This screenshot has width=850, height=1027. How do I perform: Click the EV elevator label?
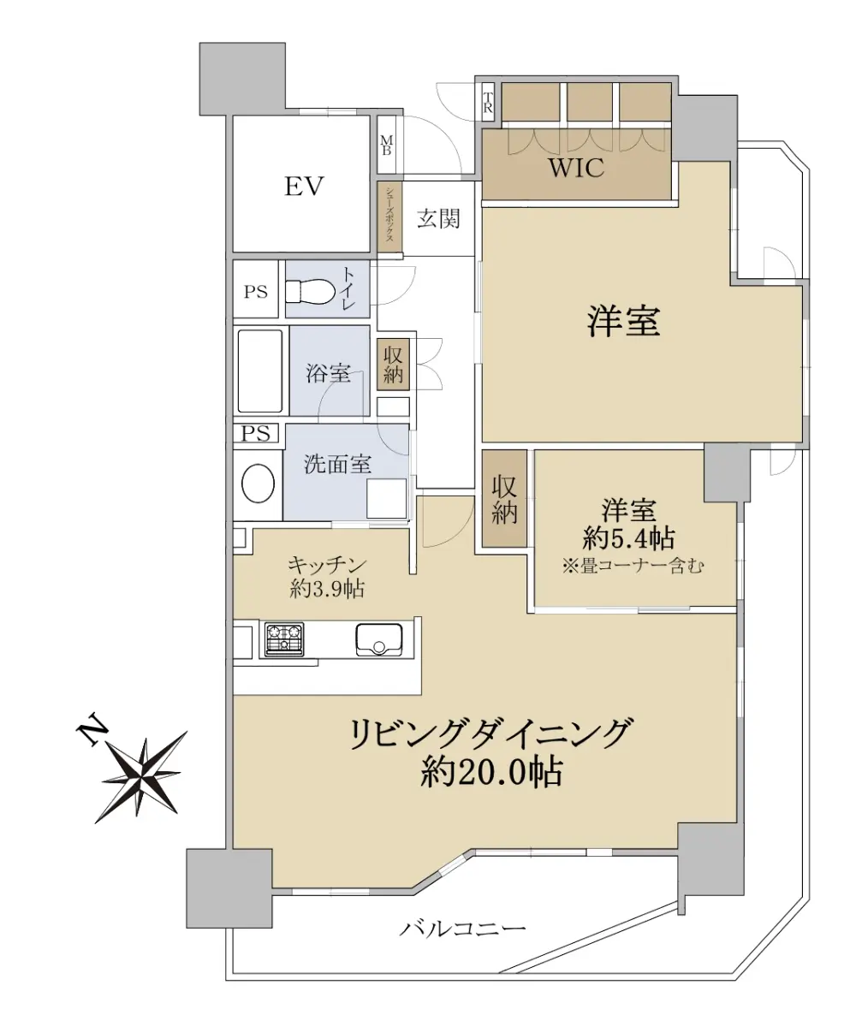point(304,187)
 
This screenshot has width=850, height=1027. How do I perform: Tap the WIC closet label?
point(576,168)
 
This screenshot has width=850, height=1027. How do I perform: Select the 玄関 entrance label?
point(438,218)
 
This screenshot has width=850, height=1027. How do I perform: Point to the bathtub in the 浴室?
point(260,371)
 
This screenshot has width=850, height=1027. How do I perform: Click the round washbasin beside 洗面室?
point(258,484)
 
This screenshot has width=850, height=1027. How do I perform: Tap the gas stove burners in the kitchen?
point(284,639)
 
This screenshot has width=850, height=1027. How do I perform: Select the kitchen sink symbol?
point(378,639)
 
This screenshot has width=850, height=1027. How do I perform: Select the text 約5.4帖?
point(628,538)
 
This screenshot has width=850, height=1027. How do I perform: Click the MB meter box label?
point(387,145)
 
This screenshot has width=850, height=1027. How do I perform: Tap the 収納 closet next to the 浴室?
point(394,365)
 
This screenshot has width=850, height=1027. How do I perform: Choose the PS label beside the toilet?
point(256,292)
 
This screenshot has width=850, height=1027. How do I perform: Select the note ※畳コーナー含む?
point(633,567)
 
